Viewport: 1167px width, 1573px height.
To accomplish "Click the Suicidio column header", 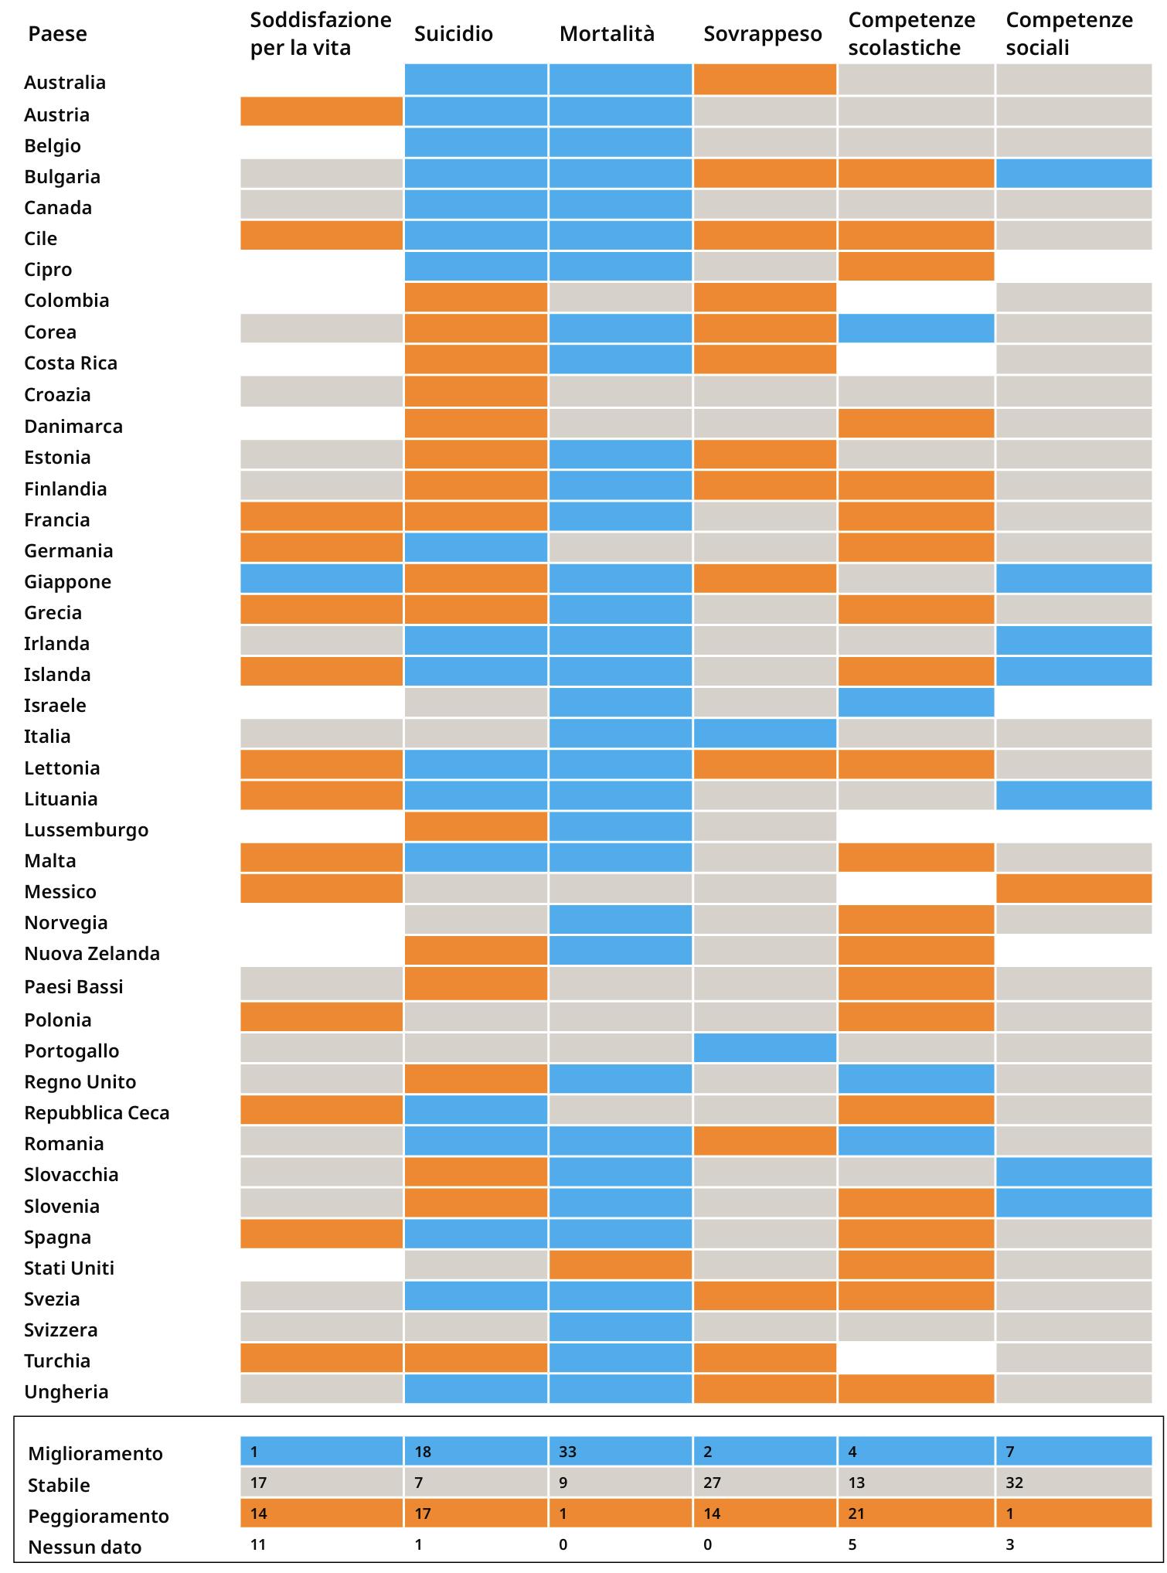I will click(x=453, y=34).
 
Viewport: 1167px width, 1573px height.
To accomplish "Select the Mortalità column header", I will click(x=607, y=34).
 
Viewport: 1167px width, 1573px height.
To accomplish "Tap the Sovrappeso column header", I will click(x=762, y=34).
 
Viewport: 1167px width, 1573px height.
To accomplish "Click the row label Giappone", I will click(x=67, y=581).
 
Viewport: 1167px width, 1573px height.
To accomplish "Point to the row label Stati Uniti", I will click(x=69, y=1268).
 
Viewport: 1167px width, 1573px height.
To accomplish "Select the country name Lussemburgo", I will click(x=86, y=829).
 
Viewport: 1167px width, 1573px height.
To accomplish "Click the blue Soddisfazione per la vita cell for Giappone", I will click(x=322, y=578).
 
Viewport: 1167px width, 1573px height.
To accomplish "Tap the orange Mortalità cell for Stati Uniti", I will click(x=620, y=1265).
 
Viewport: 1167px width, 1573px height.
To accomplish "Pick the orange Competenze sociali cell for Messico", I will click(x=1073, y=888).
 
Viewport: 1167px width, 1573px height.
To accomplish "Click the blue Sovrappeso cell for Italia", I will click(x=765, y=733).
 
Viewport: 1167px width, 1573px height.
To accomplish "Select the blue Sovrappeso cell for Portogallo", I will click(x=765, y=1047).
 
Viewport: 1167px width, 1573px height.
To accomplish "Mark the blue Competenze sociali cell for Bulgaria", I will click(x=1073, y=173).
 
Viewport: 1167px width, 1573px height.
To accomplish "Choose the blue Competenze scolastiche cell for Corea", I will click(x=916, y=329).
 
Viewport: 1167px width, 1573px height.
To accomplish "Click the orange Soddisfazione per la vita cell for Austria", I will click(x=322, y=111).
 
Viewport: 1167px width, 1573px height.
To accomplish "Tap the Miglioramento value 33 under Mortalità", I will click(x=567, y=1452).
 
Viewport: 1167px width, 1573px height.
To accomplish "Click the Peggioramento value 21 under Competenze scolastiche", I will click(x=856, y=1513).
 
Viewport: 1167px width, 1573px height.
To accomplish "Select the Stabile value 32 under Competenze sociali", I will click(x=1014, y=1483).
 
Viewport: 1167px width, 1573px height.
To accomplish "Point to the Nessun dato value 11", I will click(x=258, y=1544).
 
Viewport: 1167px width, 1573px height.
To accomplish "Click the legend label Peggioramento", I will click(x=98, y=1516).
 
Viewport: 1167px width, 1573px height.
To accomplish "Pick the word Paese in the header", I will click(x=57, y=34).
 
